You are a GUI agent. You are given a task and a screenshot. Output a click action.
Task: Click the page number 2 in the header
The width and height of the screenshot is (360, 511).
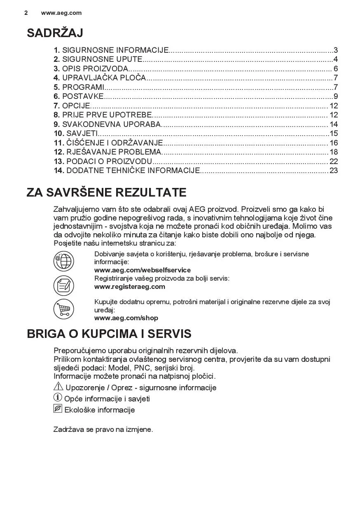[26, 13]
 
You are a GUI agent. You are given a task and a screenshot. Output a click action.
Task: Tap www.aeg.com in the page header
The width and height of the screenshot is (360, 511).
[61, 13]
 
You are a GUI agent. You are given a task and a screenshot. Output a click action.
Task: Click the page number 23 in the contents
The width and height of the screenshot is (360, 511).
[333, 171]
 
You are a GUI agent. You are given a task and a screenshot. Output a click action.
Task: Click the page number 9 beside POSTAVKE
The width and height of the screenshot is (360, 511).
[335, 96]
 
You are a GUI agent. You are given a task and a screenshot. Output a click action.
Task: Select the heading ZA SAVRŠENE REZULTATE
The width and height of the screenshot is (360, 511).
[106, 192]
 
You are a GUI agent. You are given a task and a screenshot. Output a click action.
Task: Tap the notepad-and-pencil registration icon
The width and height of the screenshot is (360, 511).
[64, 285]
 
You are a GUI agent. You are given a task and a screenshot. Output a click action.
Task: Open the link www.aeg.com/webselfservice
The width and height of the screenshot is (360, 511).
[143, 270]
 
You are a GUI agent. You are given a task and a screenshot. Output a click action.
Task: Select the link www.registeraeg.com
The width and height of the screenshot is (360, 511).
[130, 287]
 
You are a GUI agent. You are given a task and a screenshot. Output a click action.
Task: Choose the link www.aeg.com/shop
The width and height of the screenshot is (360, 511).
[126, 318]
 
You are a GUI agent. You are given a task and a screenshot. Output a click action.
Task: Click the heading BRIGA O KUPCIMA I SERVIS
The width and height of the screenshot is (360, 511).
[109, 333]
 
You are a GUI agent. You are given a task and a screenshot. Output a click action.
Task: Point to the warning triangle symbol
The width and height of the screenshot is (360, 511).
[58, 387]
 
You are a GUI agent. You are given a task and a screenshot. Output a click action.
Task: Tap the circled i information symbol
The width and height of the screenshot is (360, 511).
[58, 398]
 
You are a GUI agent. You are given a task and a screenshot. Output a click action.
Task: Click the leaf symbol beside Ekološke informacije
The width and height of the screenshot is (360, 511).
[58, 409]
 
